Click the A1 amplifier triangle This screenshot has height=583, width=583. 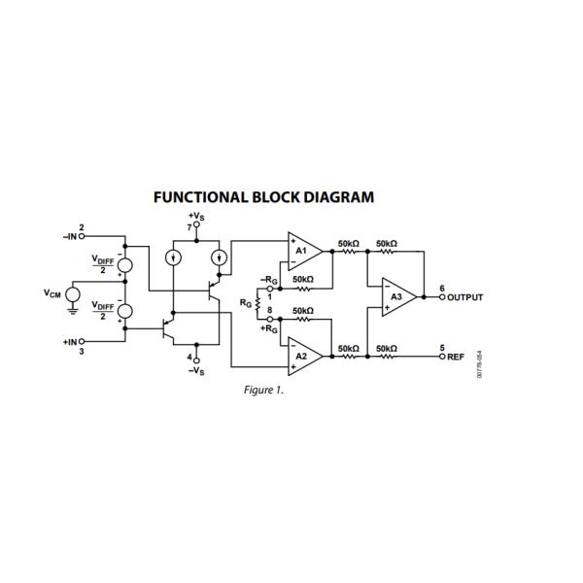(x=302, y=251)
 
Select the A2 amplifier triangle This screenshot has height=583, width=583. (x=302, y=357)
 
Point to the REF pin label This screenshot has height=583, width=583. (x=457, y=358)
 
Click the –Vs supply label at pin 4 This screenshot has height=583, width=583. (x=196, y=370)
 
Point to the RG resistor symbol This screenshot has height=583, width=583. (x=258, y=303)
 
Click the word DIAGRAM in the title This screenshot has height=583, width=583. (x=327, y=197)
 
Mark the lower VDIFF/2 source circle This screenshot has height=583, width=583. (x=126, y=311)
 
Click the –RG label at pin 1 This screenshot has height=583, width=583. (x=270, y=280)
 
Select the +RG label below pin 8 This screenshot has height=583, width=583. (x=268, y=328)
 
